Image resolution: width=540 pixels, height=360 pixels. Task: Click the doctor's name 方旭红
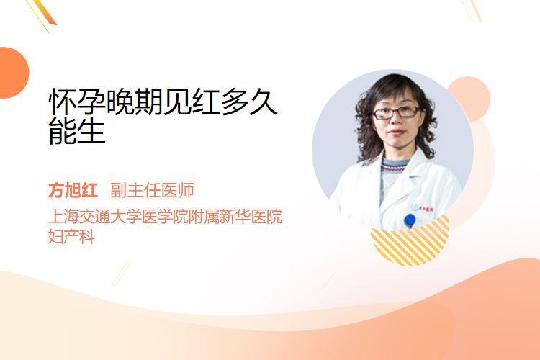73,190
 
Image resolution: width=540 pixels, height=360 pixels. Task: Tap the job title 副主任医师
152,190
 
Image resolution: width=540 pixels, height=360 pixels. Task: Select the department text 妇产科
71,236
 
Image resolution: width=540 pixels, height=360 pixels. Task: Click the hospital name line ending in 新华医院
166,216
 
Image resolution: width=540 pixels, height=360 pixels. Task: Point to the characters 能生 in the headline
77,131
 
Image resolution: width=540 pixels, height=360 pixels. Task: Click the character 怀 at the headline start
63,102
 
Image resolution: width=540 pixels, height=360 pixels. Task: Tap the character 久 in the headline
264,102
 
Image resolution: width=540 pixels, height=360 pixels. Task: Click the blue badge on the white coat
410,220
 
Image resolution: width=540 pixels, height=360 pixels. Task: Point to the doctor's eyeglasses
396,112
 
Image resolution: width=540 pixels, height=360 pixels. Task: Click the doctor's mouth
397,132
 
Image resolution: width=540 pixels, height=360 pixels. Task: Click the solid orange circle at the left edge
13,73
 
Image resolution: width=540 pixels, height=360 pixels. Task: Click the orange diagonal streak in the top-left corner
44,13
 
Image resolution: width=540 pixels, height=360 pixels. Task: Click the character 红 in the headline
207,102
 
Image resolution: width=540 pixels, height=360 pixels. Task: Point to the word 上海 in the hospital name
63,216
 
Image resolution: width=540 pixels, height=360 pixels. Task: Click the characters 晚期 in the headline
135,102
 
